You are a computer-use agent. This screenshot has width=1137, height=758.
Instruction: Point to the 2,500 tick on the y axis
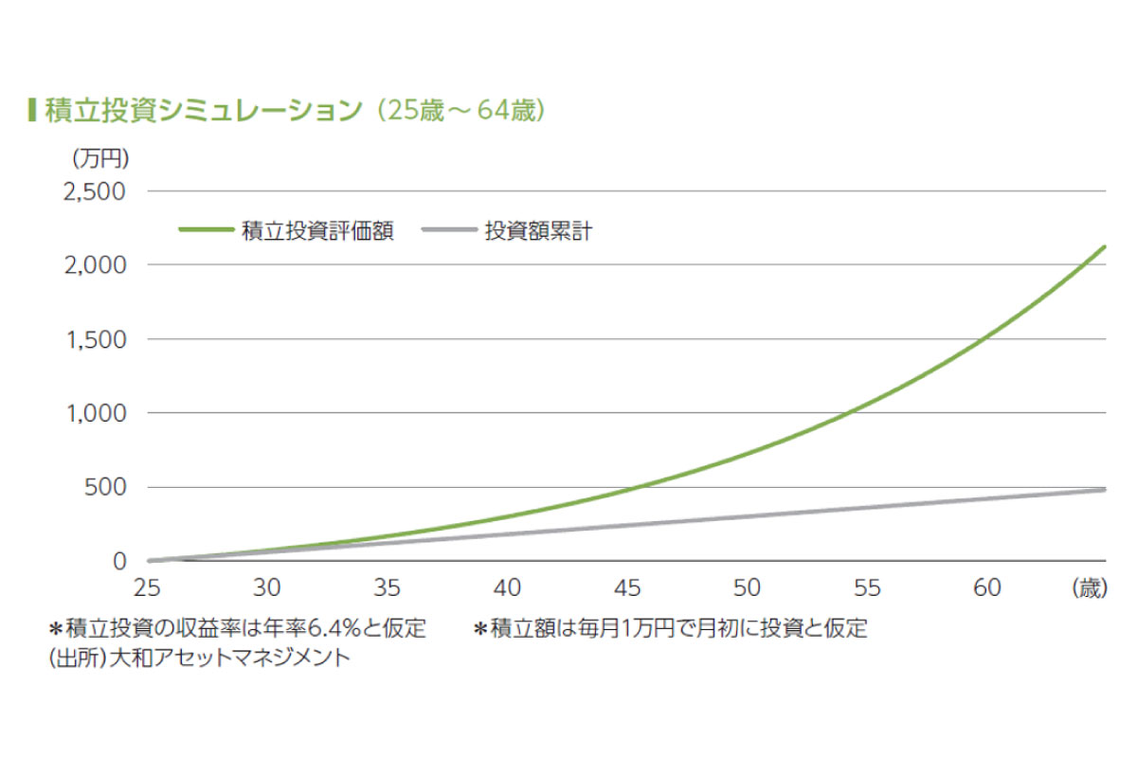(x=95, y=191)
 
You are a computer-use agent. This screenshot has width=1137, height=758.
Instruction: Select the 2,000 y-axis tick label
(x=95, y=265)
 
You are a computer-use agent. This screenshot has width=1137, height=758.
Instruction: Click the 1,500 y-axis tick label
(x=96, y=339)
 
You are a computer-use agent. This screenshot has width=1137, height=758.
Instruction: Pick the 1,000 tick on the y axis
(x=96, y=413)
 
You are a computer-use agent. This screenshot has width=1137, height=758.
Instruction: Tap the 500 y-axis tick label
(x=106, y=487)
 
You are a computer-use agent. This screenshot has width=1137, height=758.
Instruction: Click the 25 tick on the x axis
(x=149, y=588)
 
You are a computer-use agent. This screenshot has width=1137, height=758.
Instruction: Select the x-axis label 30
(x=268, y=588)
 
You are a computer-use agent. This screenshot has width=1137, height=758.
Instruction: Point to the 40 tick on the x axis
(x=508, y=588)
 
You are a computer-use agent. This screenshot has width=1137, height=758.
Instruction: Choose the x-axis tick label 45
(x=627, y=588)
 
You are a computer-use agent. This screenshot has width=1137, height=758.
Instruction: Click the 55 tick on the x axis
(x=867, y=588)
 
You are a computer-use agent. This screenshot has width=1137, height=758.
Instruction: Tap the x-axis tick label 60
(x=986, y=588)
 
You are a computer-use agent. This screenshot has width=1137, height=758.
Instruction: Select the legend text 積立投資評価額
(x=318, y=230)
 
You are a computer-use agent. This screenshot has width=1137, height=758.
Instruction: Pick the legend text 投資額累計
(x=538, y=230)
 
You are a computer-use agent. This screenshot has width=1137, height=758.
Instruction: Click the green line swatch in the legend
(x=206, y=230)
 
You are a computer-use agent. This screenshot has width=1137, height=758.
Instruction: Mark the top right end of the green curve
(x=1105, y=246)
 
